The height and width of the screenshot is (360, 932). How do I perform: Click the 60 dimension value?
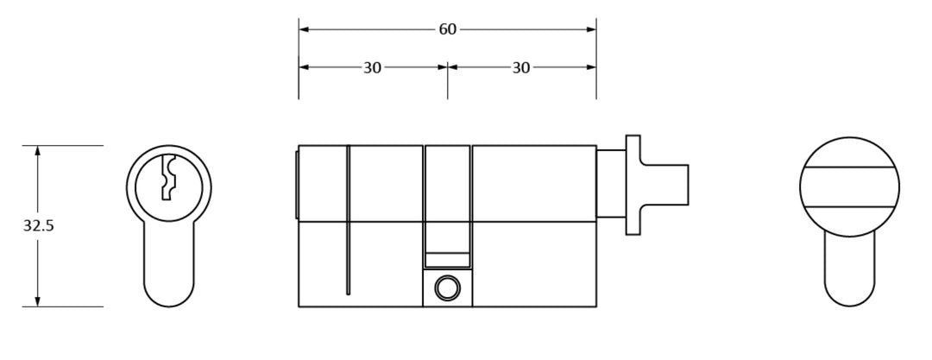click(448, 29)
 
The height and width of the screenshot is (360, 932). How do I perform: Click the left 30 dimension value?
click(372, 68)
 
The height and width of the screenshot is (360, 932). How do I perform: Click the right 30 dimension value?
click(520, 68)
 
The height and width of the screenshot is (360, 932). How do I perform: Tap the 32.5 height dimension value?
click(39, 226)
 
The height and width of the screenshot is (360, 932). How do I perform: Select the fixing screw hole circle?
click(447, 288)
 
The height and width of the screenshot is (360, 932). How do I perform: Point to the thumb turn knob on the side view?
click(664, 185)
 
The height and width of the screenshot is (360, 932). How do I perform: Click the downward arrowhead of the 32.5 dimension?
click(38, 301)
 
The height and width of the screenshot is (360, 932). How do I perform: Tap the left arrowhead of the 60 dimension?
click(304, 29)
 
